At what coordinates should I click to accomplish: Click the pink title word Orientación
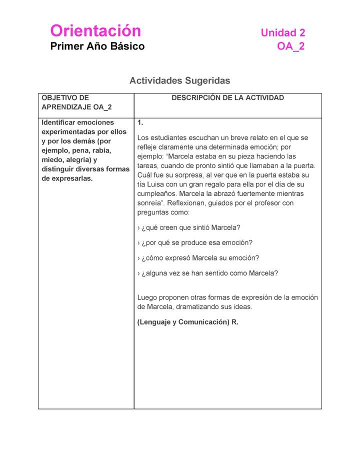coord(95,31)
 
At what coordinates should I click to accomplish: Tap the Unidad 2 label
coord(282,33)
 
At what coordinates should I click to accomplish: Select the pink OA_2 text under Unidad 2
coord(290,46)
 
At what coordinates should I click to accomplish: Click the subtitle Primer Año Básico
coord(97,46)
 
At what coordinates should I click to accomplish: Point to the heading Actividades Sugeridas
coord(179,80)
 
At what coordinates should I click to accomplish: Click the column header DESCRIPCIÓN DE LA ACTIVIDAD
coord(227,98)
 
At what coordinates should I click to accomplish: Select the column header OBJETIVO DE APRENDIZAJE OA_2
coord(76,102)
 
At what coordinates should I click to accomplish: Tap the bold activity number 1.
coord(140,122)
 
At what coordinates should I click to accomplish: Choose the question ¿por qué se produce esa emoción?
coord(194,242)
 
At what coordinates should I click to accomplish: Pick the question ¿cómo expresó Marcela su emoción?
coord(198,258)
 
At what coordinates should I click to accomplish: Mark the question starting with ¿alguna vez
coord(207,273)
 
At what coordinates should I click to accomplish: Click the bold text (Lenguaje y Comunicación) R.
coord(187,322)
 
